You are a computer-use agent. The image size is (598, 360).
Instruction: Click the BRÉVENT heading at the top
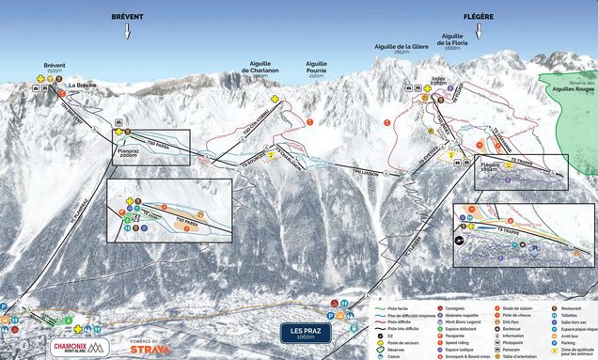pyautogui.click(x=128, y=17)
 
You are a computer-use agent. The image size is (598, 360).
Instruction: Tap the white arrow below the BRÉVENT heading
pyautogui.click(x=128, y=33)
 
